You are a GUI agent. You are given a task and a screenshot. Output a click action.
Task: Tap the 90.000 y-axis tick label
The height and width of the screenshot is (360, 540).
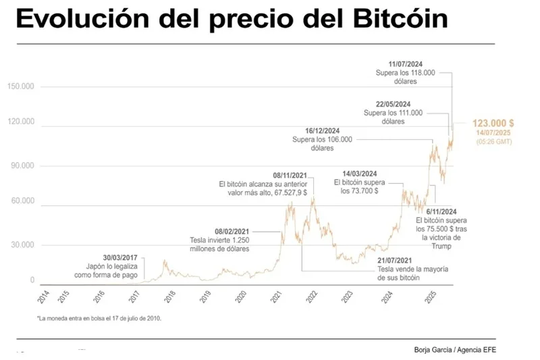point(23,166)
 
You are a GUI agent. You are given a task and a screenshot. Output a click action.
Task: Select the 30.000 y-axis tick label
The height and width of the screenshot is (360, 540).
point(23,245)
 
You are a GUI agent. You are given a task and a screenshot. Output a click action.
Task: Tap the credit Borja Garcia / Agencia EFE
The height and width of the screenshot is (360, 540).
point(458,349)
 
